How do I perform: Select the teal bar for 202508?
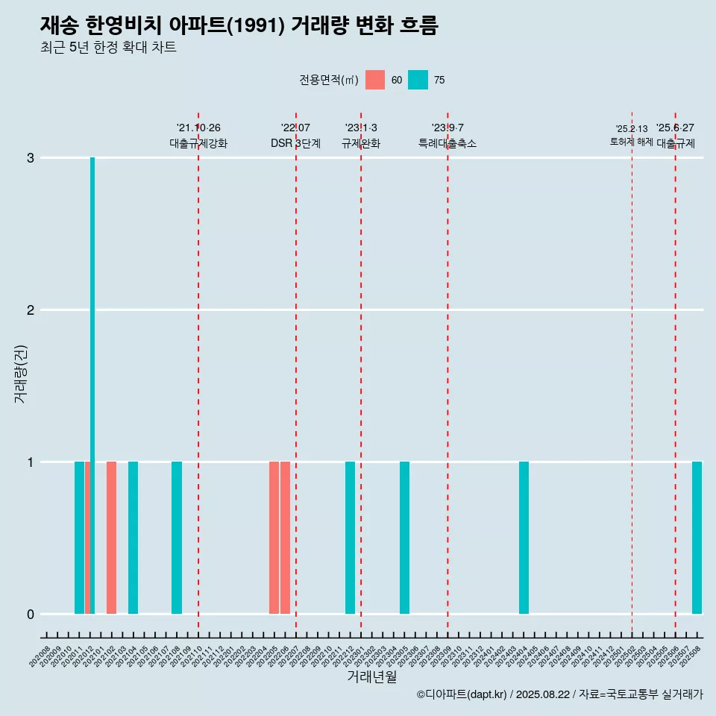(697, 537)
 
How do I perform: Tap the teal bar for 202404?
(524, 537)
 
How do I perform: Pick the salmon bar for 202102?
(111, 537)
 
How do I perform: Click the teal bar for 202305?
(404, 537)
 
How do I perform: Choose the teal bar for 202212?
(350, 537)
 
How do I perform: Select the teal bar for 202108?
(177, 537)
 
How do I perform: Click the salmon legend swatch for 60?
(375, 80)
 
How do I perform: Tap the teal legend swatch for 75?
(418, 80)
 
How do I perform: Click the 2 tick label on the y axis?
(31, 310)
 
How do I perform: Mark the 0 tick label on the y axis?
(31, 615)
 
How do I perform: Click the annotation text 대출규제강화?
(198, 143)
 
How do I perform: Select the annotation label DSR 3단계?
(295, 143)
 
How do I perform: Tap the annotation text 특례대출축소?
(447, 143)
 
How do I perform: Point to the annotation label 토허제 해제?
(631, 141)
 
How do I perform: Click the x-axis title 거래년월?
(371, 676)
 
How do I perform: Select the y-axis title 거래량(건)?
(20, 373)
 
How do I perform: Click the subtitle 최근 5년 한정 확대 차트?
(108, 48)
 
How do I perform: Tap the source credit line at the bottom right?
(559, 695)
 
